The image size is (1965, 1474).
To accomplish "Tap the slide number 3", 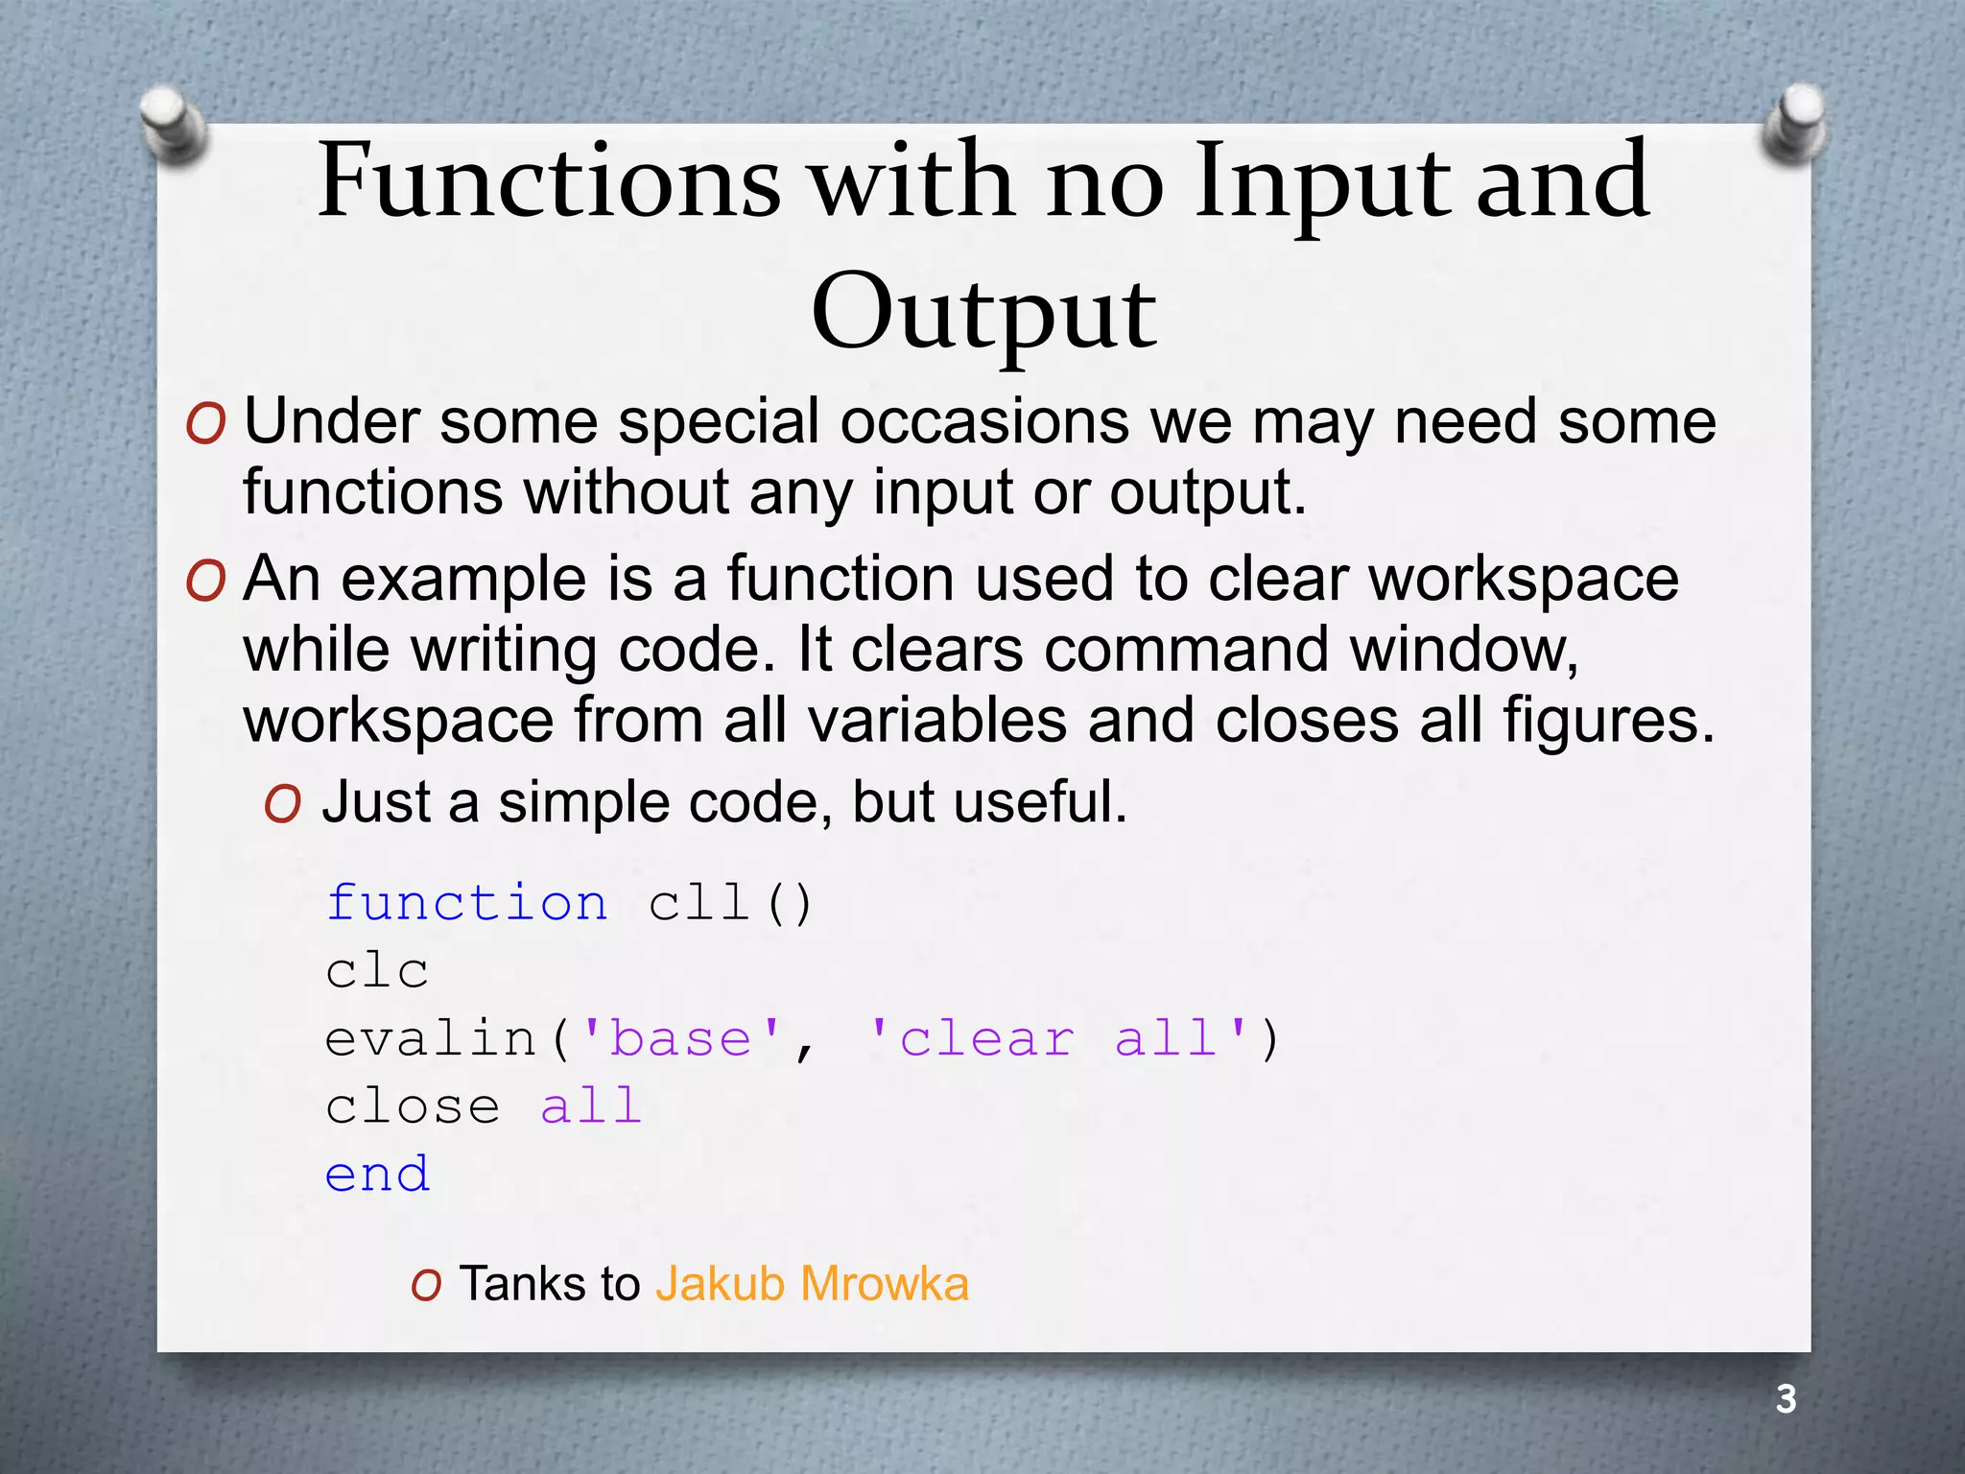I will click(1786, 1399).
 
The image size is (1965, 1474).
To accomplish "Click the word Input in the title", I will click(1323, 182).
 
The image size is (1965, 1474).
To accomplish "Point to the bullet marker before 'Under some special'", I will click(206, 423).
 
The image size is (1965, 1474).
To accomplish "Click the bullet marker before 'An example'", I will click(206, 582).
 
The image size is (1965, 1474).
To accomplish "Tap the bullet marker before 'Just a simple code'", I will click(283, 804).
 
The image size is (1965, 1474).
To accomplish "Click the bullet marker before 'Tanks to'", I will click(426, 1285).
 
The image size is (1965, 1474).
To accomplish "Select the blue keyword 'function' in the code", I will click(466, 903).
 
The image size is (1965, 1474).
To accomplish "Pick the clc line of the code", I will click(377, 970).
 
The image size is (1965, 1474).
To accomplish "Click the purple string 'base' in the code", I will click(681, 1039).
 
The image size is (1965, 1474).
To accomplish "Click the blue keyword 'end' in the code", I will click(377, 1175).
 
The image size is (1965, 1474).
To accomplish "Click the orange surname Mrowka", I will click(884, 1284).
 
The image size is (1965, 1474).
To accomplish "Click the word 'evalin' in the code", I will click(431, 1039).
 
